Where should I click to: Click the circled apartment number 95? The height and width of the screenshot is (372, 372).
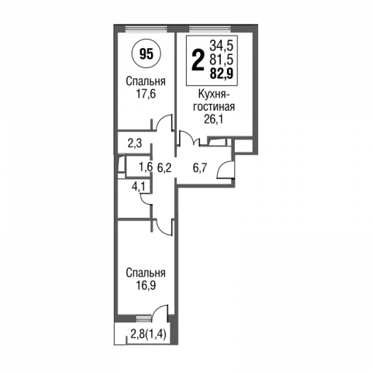click(146, 54)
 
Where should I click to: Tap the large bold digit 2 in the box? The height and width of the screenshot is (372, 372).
click(198, 60)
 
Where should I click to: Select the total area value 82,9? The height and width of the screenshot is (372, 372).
click(222, 74)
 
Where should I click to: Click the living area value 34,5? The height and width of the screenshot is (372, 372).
click(222, 46)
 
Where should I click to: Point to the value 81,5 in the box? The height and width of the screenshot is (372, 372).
click(222, 60)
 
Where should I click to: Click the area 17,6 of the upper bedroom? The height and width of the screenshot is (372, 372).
click(146, 94)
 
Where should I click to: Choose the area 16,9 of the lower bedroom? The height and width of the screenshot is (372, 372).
click(146, 285)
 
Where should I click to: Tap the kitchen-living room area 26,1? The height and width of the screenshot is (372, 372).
click(214, 119)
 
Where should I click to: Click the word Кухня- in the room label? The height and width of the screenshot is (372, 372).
click(214, 95)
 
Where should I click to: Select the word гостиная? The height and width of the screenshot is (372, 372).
click(214, 106)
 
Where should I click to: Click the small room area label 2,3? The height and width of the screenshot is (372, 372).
click(135, 143)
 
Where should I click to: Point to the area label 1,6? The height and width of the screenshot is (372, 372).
click(146, 167)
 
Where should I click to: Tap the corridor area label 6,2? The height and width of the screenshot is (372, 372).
click(164, 168)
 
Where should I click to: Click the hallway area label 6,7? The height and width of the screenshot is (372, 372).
click(200, 168)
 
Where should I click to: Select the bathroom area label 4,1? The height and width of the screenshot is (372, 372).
click(138, 186)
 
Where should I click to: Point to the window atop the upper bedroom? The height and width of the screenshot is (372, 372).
click(146, 29)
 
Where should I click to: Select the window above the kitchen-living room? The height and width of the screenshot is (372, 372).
click(210, 29)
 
